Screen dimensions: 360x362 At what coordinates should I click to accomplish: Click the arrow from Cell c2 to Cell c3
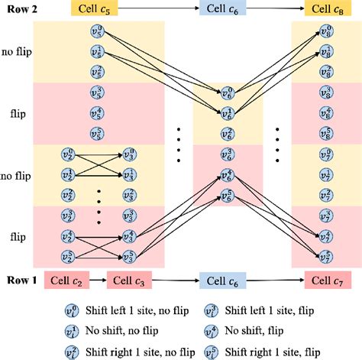point(98,280)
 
